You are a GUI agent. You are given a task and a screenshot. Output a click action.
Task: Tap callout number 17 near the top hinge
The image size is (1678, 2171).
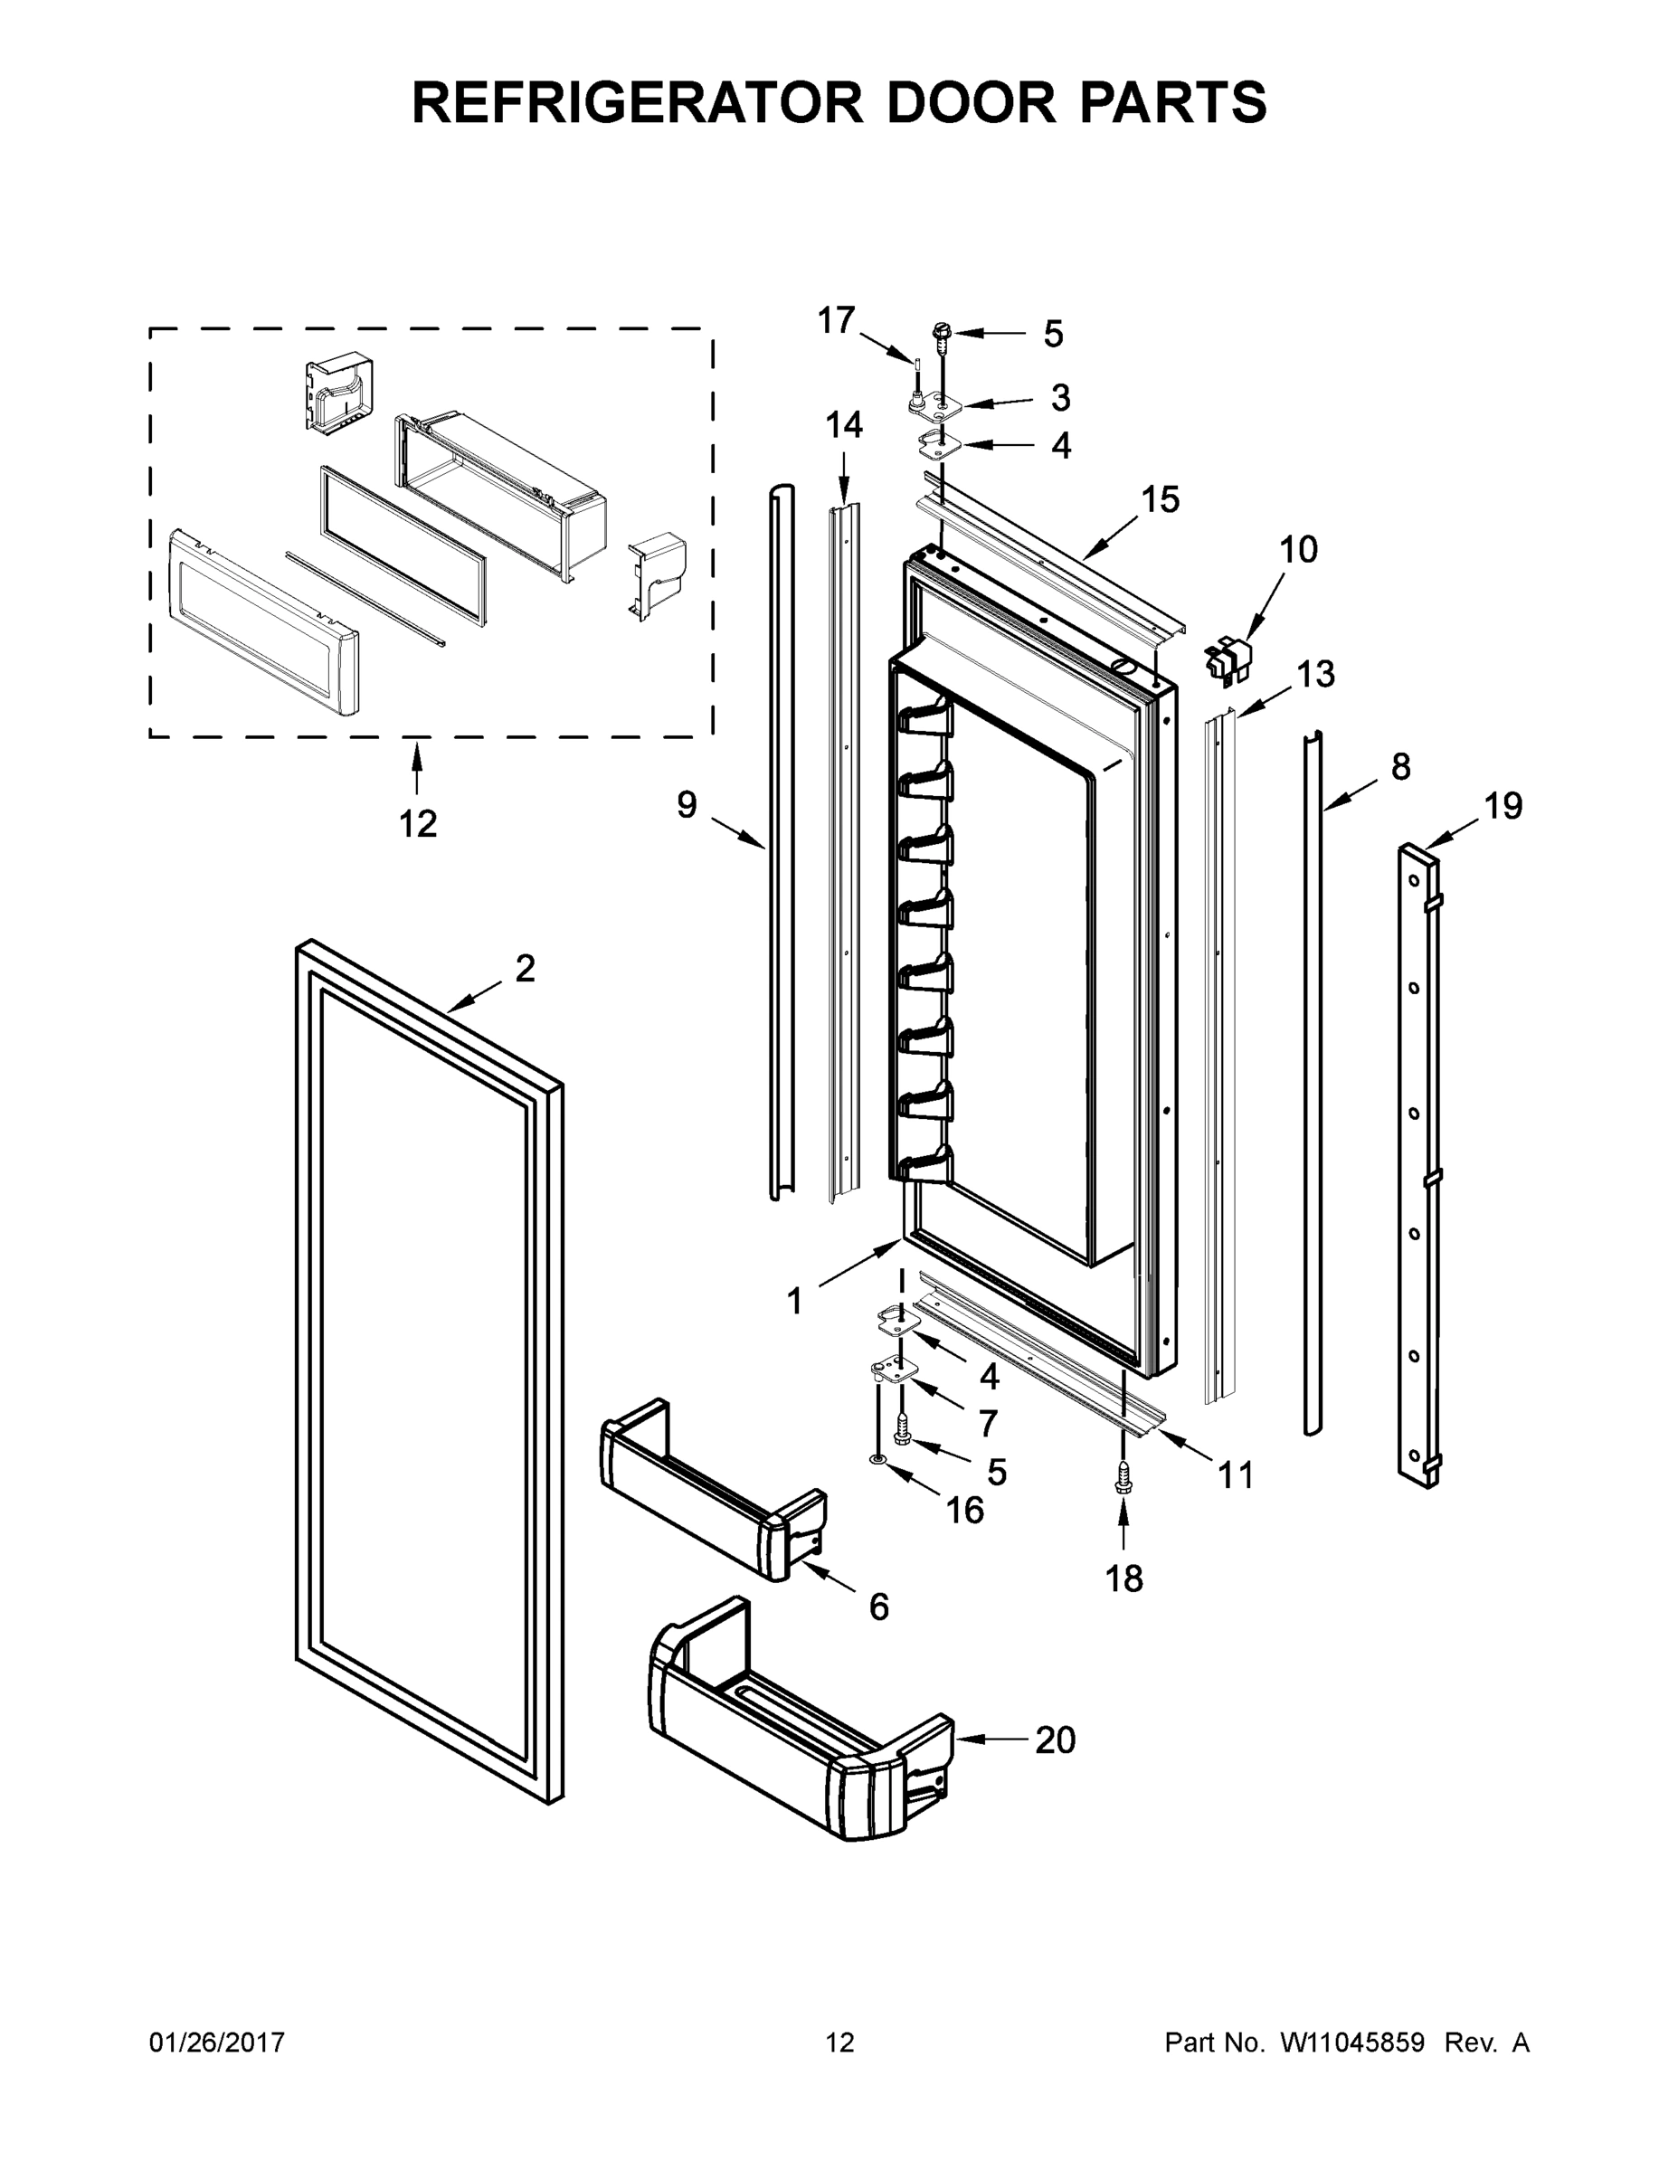pyautogui.click(x=835, y=321)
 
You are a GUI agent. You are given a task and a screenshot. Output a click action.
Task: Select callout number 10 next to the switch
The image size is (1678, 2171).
pyautogui.click(x=1297, y=550)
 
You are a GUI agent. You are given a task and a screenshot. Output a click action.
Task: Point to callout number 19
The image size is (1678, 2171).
pyautogui.click(x=1503, y=805)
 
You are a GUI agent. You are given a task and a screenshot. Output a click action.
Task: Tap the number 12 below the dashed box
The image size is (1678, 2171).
pyautogui.click(x=418, y=824)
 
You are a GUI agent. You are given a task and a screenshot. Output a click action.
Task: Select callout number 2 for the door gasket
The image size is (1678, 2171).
pyautogui.click(x=525, y=968)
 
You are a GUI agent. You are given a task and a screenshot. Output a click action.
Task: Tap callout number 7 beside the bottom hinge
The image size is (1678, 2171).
pyautogui.click(x=987, y=1424)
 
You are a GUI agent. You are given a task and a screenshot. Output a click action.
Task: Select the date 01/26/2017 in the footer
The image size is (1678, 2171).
pyautogui.click(x=217, y=2043)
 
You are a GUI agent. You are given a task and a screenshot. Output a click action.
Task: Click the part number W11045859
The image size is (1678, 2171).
pyautogui.click(x=1353, y=2043)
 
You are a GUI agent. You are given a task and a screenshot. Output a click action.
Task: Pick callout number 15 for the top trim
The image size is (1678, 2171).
pyautogui.click(x=1159, y=500)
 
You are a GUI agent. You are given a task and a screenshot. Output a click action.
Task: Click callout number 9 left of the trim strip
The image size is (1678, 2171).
pyautogui.click(x=687, y=804)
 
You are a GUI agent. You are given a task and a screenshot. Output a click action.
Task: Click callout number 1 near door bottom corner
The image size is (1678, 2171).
pyautogui.click(x=793, y=1301)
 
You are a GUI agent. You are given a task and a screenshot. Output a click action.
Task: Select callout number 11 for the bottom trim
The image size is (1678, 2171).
pyautogui.click(x=1236, y=1475)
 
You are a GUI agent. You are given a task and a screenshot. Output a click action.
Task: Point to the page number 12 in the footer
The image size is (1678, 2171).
pyautogui.click(x=839, y=2043)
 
